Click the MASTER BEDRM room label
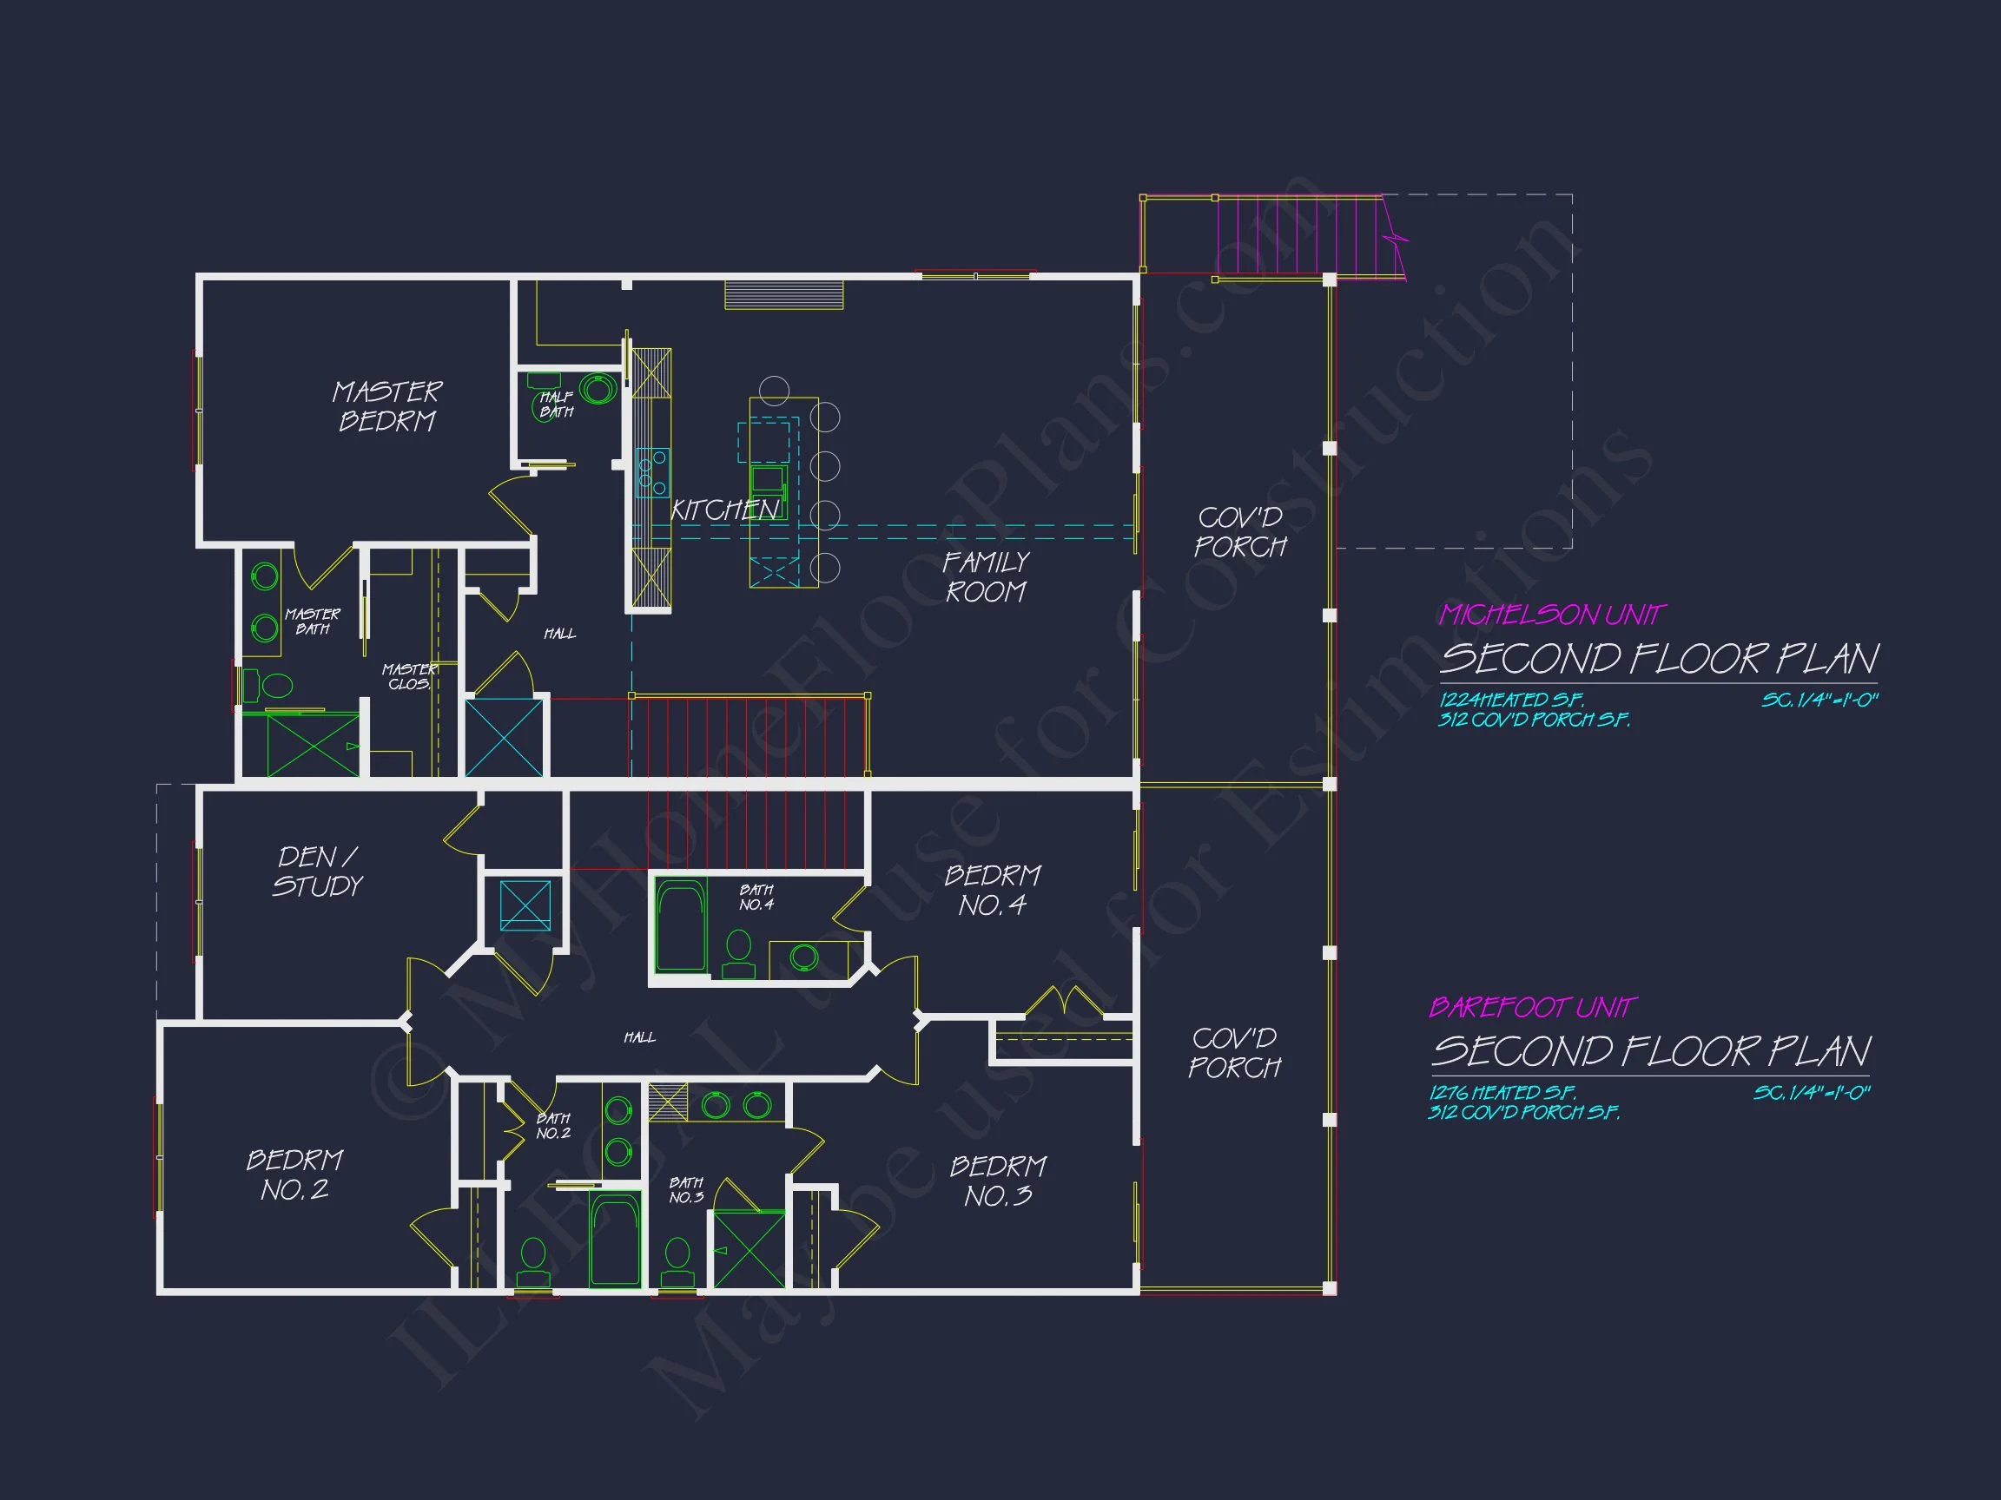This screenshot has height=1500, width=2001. [387, 406]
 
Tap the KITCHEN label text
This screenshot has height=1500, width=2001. [724, 510]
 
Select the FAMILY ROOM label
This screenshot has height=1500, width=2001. [985, 577]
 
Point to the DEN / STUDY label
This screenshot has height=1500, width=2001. [318, 872]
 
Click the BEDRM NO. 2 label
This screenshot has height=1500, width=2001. [295, 1174]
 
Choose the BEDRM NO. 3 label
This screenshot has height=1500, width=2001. [998, 1181]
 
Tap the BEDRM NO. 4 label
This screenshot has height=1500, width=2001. [993, 890]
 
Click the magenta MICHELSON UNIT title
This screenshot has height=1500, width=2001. [1551, 615]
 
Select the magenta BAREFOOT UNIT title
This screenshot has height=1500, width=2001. [1532, 1007]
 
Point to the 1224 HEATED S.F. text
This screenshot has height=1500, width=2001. [1511, 700]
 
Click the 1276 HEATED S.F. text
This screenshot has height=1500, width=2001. [1502, 1092]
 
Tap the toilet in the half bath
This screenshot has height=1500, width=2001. [541, 405]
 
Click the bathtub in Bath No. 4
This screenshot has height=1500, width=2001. [680, 926]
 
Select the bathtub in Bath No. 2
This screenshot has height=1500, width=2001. [614, 1239]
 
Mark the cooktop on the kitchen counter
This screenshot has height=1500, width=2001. [652, 473]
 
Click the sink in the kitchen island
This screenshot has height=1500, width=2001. [768, 478]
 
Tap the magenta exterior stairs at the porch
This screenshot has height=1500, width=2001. [1303, 235]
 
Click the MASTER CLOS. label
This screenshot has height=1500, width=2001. [410, 676]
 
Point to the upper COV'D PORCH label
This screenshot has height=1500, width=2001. [1240, 531]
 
